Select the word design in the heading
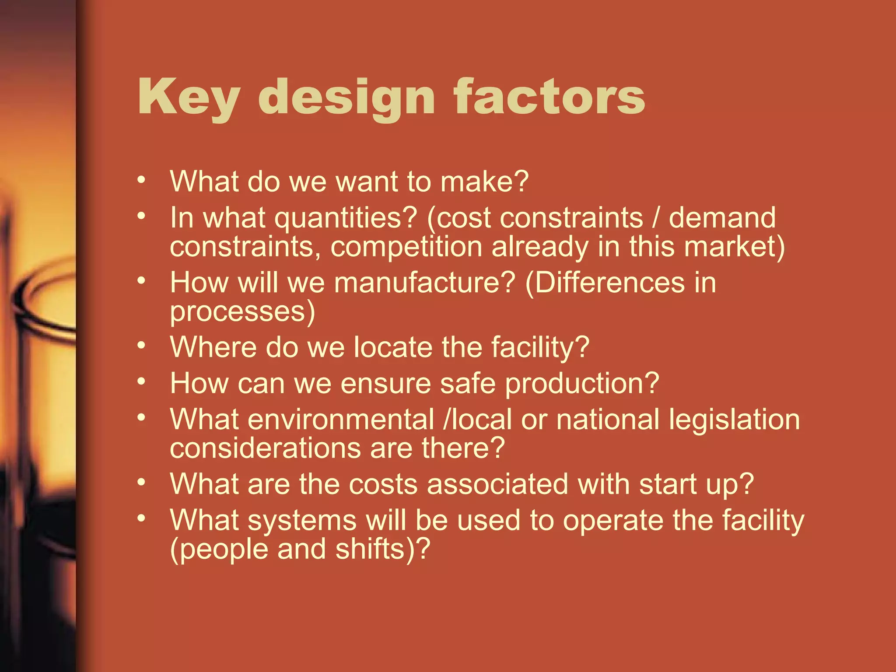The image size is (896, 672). pyautogui.click(x=348, y=97)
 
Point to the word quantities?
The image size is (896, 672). pyautogui.click(x=346, y=218)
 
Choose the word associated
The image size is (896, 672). pyautogui.click(x=497, y=484)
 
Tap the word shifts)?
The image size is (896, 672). pyautogui.click(x=383, y=550)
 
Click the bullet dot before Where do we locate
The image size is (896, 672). pyautogui.click(x=141, y=346)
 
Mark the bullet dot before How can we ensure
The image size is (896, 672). pyautogui.click(x=141, y=381)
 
